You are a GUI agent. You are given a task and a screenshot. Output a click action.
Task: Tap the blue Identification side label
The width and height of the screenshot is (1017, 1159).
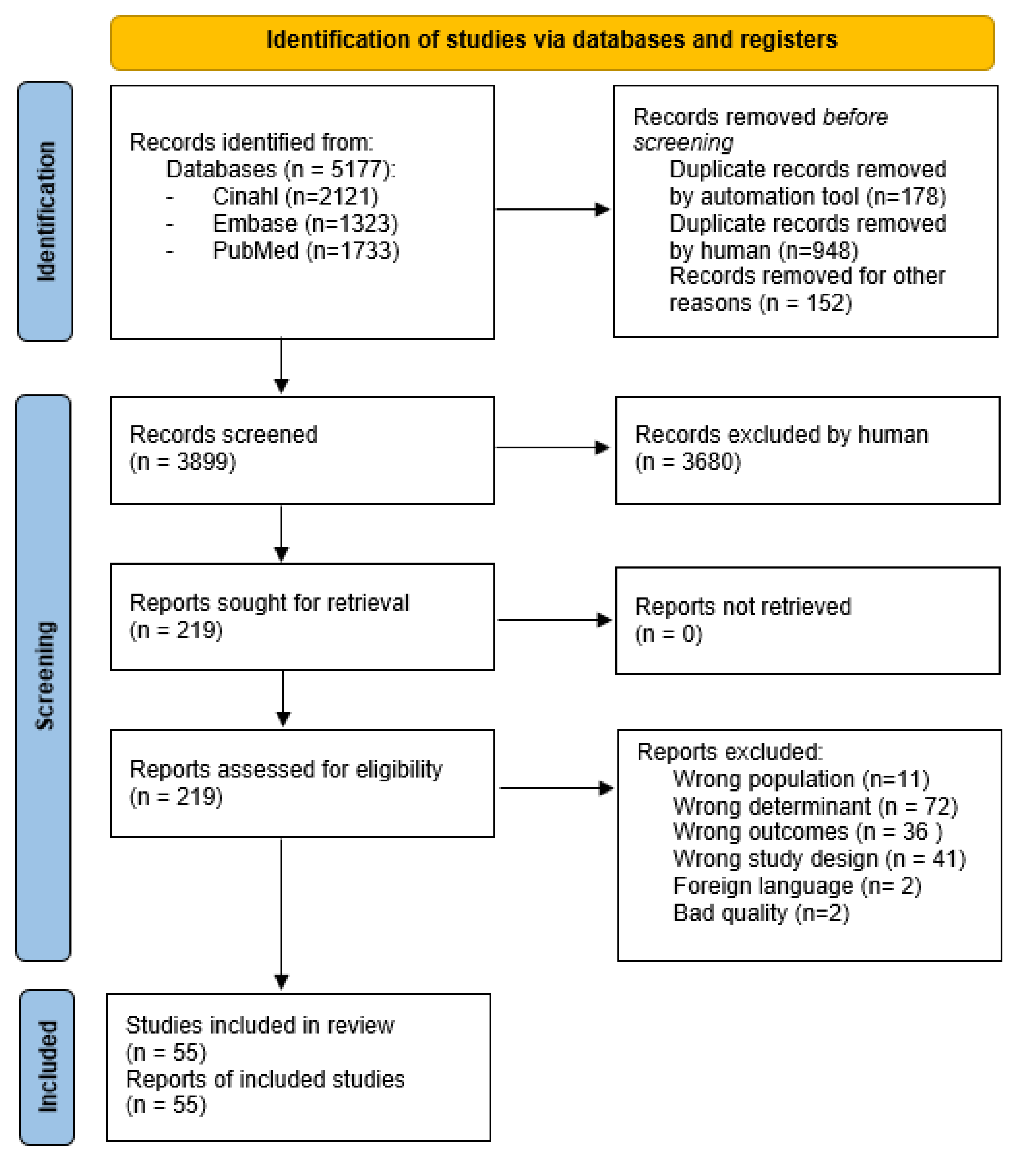45,211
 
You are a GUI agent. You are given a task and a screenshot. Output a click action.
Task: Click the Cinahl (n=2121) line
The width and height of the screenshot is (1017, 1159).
295,197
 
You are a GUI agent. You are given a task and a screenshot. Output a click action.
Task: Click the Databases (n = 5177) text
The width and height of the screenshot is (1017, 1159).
281,169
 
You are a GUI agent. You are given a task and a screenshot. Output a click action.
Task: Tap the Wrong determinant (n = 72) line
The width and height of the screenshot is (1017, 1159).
814,806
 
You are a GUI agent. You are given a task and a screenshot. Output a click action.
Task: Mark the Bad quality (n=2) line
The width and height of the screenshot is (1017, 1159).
761,913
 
